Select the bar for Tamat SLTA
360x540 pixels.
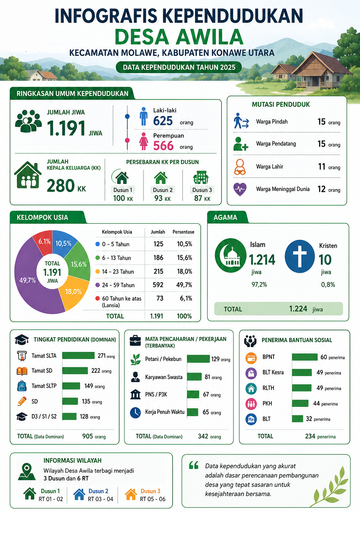pos(78,355)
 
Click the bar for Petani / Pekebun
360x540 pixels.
pos(198,359)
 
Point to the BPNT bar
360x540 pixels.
pos(304,357)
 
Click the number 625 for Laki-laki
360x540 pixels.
pos(163,121)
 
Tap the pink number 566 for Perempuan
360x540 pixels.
pos(163,146)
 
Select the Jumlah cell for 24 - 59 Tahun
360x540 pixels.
pos(158,285)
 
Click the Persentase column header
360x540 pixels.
pos(183,232)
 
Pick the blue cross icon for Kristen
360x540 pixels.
pos(300,256)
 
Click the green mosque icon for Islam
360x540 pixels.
pos(231,255)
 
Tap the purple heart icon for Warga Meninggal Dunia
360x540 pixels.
pos(240,189)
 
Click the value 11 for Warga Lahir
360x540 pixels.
pos(322,167)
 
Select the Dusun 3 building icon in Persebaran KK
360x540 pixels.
pos(201,178)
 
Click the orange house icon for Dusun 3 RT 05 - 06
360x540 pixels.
pos(131,494)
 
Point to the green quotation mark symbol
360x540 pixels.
pos(194,465)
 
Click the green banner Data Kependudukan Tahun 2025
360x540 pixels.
pos(179,67)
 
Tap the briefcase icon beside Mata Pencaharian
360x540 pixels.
pos(135,341)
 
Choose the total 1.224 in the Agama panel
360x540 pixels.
pos(298,309)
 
